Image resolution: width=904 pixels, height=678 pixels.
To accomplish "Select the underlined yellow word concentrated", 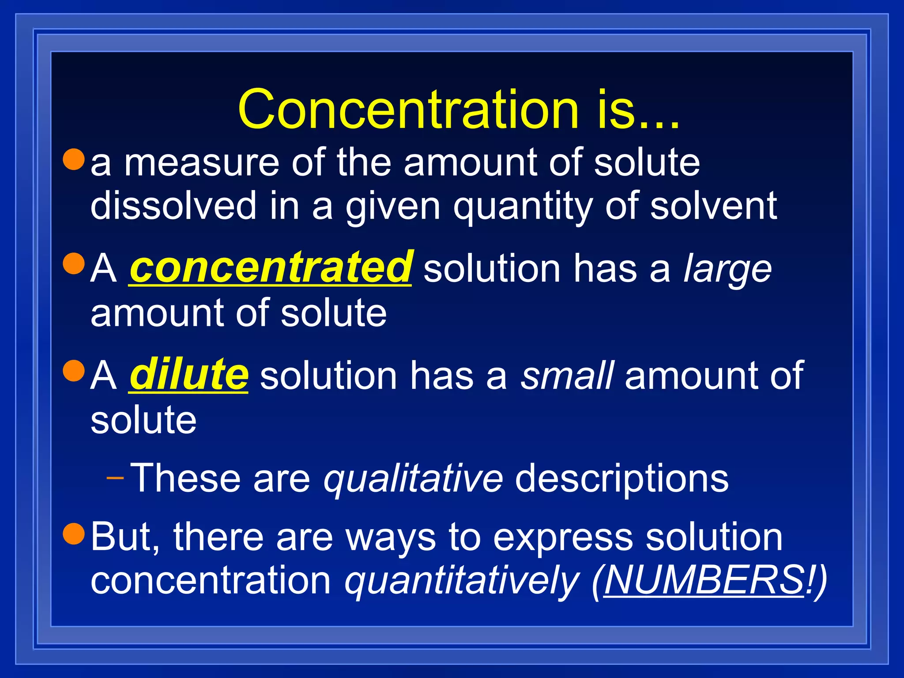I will (271, 267).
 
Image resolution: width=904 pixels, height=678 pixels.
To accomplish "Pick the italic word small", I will (567, 375).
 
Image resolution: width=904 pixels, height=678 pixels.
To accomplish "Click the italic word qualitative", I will (413, 478).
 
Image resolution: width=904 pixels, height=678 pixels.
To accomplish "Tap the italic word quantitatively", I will (462, 581).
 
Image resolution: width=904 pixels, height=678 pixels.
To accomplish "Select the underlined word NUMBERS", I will (704, 580).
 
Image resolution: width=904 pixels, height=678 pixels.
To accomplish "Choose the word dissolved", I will (173, 205).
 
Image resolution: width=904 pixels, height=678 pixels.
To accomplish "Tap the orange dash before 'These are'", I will (115, 478).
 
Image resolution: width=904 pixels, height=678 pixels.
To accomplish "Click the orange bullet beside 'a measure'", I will (73, 159).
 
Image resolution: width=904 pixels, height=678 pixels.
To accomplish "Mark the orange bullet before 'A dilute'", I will (73, 371).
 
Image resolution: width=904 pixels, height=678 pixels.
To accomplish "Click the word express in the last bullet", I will (563, 539).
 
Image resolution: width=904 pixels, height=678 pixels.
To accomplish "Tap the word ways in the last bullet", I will (391, 539).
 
